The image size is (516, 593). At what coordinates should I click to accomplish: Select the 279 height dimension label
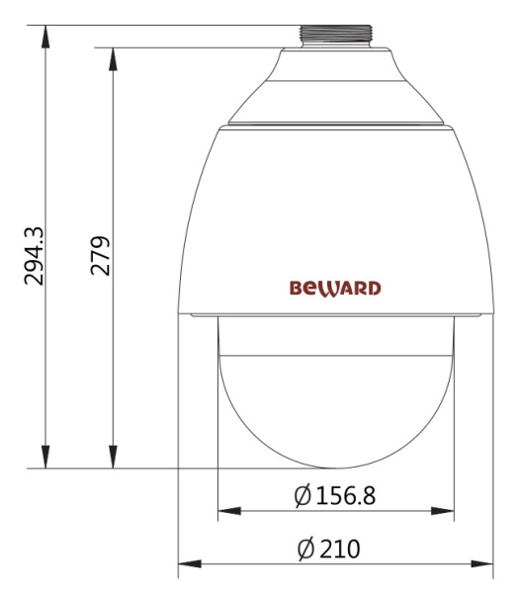click(x=101, y=254)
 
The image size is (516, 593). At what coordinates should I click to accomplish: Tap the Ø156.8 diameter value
click(x=335, y=494)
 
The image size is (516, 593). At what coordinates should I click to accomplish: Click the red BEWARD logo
click(x=335, y=289)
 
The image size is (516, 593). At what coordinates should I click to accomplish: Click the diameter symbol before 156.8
click(x=303, y=494)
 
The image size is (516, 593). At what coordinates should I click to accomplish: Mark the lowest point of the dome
click(x=335, y=467)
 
